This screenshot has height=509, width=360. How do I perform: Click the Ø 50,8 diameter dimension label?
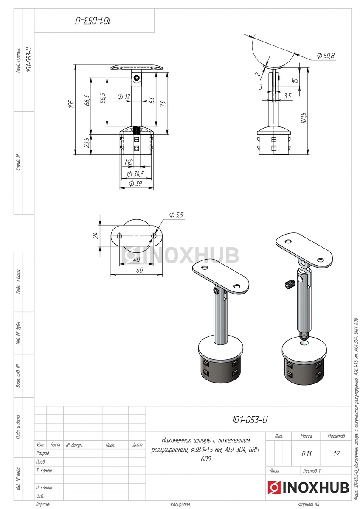(x=326, y=56)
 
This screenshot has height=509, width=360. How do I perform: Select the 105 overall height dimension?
(x=71, y=104)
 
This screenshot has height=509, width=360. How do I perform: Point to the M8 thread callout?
(x=129, y=162)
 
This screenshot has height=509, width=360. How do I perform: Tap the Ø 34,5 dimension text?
(x=135, y=174)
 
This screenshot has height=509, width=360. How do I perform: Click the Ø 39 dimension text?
(x=135, y=184)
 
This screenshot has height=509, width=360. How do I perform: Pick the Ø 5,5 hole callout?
(x=176, y=215)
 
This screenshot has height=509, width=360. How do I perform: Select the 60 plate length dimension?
(x=140, y=270)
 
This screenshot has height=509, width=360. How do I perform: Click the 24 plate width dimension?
(x=96, y=235)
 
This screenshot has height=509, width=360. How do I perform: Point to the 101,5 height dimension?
(x=304, y=118)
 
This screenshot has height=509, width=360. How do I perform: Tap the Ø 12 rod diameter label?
(x=124, y=97)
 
